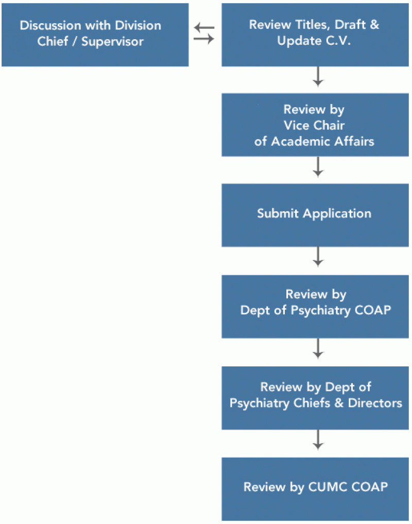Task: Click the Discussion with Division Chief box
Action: point(95,35)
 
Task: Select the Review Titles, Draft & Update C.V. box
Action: point(316,35)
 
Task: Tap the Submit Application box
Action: point(316,214)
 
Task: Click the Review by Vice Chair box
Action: point(316,125)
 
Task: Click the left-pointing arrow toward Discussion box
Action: point(204,28)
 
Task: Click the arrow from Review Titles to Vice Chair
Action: point(318,77)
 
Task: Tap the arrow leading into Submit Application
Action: point(318,167)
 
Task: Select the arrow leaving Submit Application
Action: point(318,257)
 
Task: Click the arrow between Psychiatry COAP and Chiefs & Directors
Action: point(318,349)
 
